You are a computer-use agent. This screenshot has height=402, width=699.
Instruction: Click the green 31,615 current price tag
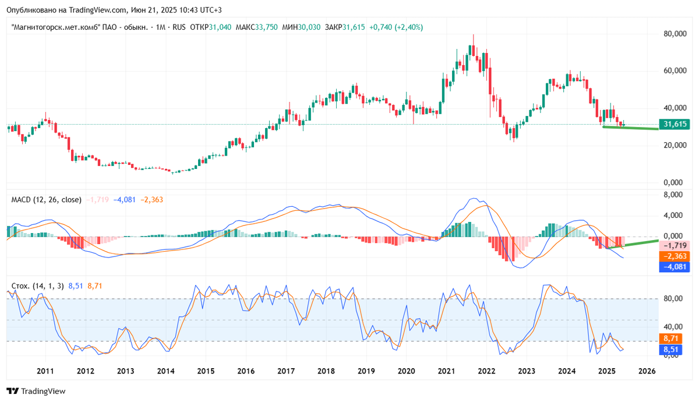[674, 124]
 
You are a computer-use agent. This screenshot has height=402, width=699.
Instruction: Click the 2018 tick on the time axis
[326, 371]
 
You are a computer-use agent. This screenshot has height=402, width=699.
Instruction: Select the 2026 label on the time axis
[647, 371]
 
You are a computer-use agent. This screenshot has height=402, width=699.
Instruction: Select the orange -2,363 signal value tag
[674, 257]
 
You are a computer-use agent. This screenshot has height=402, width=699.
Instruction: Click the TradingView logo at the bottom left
[36, 391]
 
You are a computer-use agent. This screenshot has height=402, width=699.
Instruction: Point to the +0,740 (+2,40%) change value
[396, 27]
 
